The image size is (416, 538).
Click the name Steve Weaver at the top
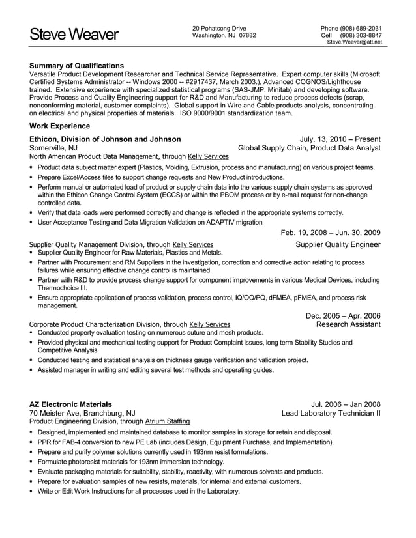[74, 35]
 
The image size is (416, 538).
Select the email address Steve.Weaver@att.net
[354, 42]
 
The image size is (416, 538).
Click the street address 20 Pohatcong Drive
[219, 28]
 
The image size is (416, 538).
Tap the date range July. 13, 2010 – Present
[340, 139]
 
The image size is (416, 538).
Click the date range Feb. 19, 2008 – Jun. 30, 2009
[331, 233]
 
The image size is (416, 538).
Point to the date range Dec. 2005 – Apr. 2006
[343, 315]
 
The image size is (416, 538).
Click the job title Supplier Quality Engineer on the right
[338, 244]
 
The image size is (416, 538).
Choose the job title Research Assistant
[348, 324]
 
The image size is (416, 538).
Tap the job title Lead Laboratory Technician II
[331, 413]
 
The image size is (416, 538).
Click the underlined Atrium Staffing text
[168, 421]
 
